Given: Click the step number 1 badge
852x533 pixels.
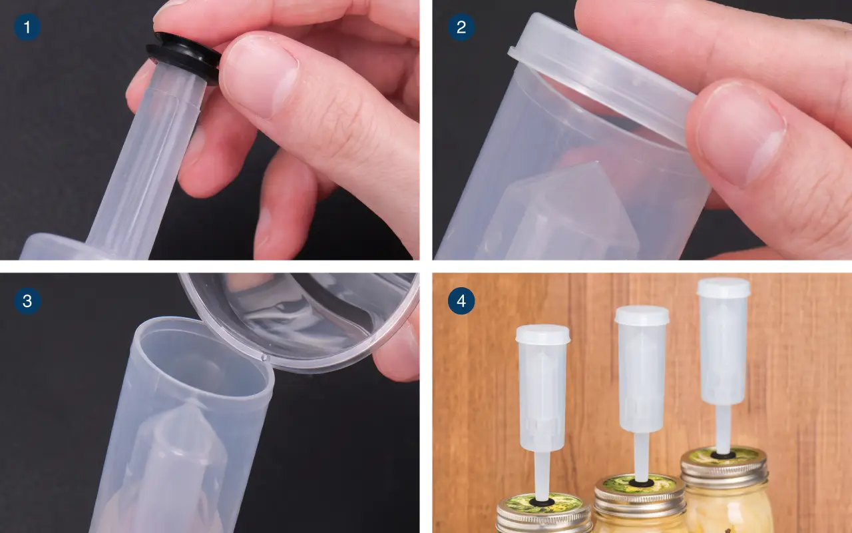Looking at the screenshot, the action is point(27,27).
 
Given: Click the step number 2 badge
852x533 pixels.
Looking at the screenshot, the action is point(461,27).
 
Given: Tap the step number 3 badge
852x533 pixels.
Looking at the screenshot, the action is point(27,301).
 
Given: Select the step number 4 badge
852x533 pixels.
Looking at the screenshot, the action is point(461,301).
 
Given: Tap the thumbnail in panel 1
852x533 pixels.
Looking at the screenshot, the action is point(260,75).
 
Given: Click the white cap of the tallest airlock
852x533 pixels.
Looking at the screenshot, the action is point(724,287).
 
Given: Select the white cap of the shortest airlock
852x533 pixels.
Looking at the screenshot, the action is point(542,334).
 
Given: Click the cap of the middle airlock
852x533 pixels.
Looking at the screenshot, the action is point(642,316).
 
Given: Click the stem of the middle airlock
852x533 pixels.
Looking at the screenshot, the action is point(641,456).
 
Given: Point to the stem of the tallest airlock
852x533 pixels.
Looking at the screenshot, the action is point(723,429).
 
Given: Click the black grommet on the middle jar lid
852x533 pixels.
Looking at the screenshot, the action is point(641,483).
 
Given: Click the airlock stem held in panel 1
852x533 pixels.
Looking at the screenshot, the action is point(148,160).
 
